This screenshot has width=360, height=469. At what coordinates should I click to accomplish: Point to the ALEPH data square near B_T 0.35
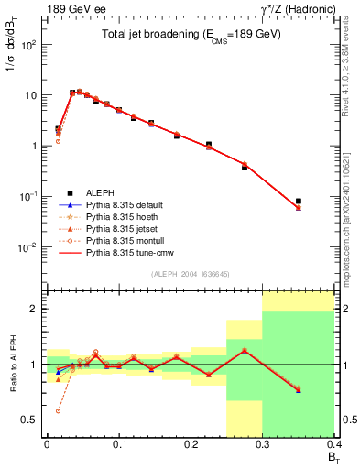click(299, 201)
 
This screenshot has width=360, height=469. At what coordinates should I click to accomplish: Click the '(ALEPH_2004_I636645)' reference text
click(190, 275)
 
